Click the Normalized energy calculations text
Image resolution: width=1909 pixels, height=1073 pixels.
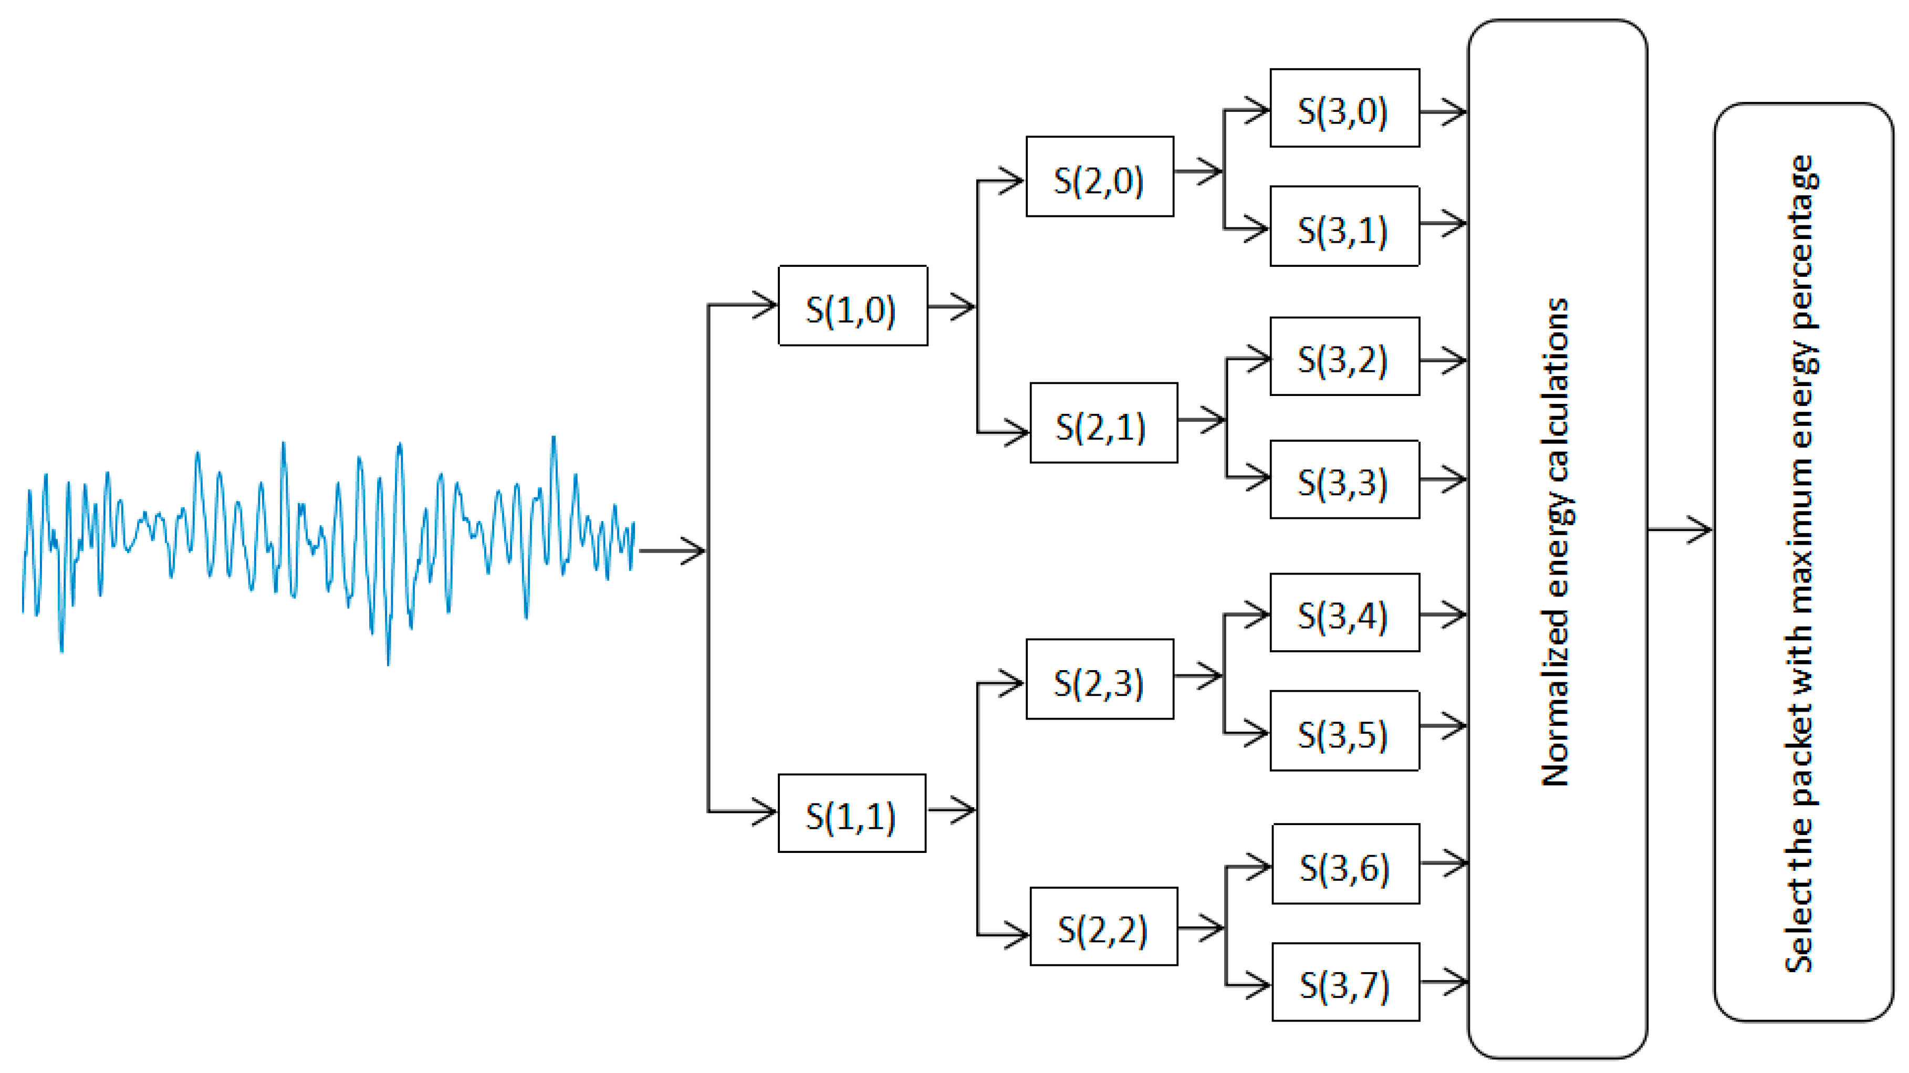[x=1556, y=541]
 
